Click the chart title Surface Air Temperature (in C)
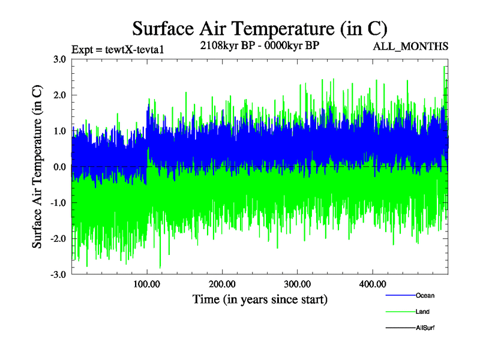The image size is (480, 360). click(x=259, y=29)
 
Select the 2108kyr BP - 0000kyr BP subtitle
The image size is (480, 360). click(x=259, y=46)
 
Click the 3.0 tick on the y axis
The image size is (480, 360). click(x=59, y=59)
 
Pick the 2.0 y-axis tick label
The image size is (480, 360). click(x=59, y=95)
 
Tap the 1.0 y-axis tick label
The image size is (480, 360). click(x=59, y=131)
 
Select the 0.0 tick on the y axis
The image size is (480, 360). click(x=59, y=167)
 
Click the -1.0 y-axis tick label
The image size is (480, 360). click(x=58, y=203)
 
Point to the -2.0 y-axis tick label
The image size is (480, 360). click(x=58, y=239)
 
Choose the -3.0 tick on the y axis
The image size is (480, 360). click(x=58, y=275)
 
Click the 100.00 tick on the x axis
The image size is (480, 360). click(x=147, y=284)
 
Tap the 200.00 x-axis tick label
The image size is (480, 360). click(x=222, y=284)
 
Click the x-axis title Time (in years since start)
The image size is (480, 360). click(x=260, y=299)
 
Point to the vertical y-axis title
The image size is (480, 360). click(x=37, y=167)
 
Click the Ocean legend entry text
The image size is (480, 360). click(x=425, y=296)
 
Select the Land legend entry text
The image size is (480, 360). click(x=422, y=312)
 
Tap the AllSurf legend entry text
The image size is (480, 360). click(x=425, y=328)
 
